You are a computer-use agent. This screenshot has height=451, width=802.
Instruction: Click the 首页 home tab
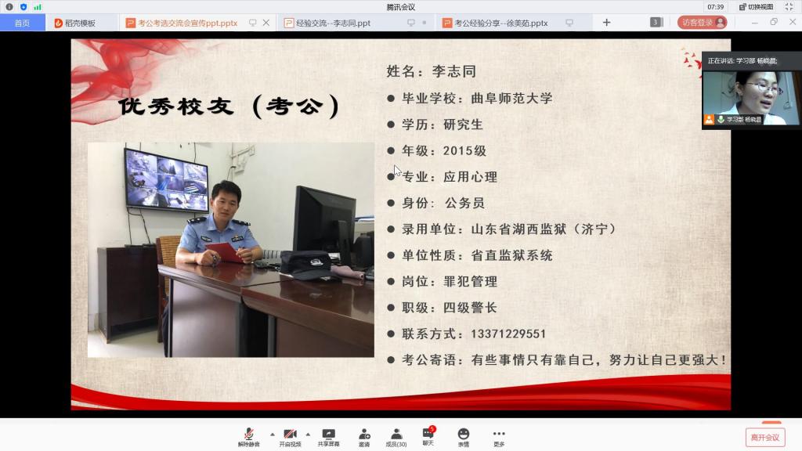pos(22,23)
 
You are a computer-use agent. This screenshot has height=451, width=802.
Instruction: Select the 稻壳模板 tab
pos(75,23)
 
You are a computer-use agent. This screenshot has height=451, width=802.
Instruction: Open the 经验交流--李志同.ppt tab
pos(333,23)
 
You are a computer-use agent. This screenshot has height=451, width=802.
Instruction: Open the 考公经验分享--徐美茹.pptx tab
pos(500,23)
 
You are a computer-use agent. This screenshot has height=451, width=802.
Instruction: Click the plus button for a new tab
pos(607,23)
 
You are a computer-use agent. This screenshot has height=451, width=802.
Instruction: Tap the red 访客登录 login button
pos(703,23)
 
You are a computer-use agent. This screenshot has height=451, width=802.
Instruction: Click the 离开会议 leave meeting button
pos(764,438)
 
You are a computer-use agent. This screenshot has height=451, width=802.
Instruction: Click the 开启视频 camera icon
pos(290,434)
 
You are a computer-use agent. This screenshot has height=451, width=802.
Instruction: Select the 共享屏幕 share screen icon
pos(328,434)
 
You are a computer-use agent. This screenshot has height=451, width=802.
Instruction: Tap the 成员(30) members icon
pos(396,434)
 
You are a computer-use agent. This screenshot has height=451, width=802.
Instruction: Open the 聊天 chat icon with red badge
pos(428,433)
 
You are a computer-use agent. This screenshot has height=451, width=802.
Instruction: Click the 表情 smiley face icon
pos(464,434)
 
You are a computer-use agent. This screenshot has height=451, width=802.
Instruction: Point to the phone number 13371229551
pos(508,334)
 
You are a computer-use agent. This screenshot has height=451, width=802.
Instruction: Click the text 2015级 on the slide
pos(464,151)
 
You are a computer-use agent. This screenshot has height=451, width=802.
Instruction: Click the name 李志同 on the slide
pos(454,71)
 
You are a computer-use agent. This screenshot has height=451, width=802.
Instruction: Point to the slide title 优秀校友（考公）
pos(229,106)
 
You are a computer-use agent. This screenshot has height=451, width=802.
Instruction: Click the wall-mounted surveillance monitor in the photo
pos(166,180)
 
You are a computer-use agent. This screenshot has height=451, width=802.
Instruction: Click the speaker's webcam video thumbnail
pos(750,98)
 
